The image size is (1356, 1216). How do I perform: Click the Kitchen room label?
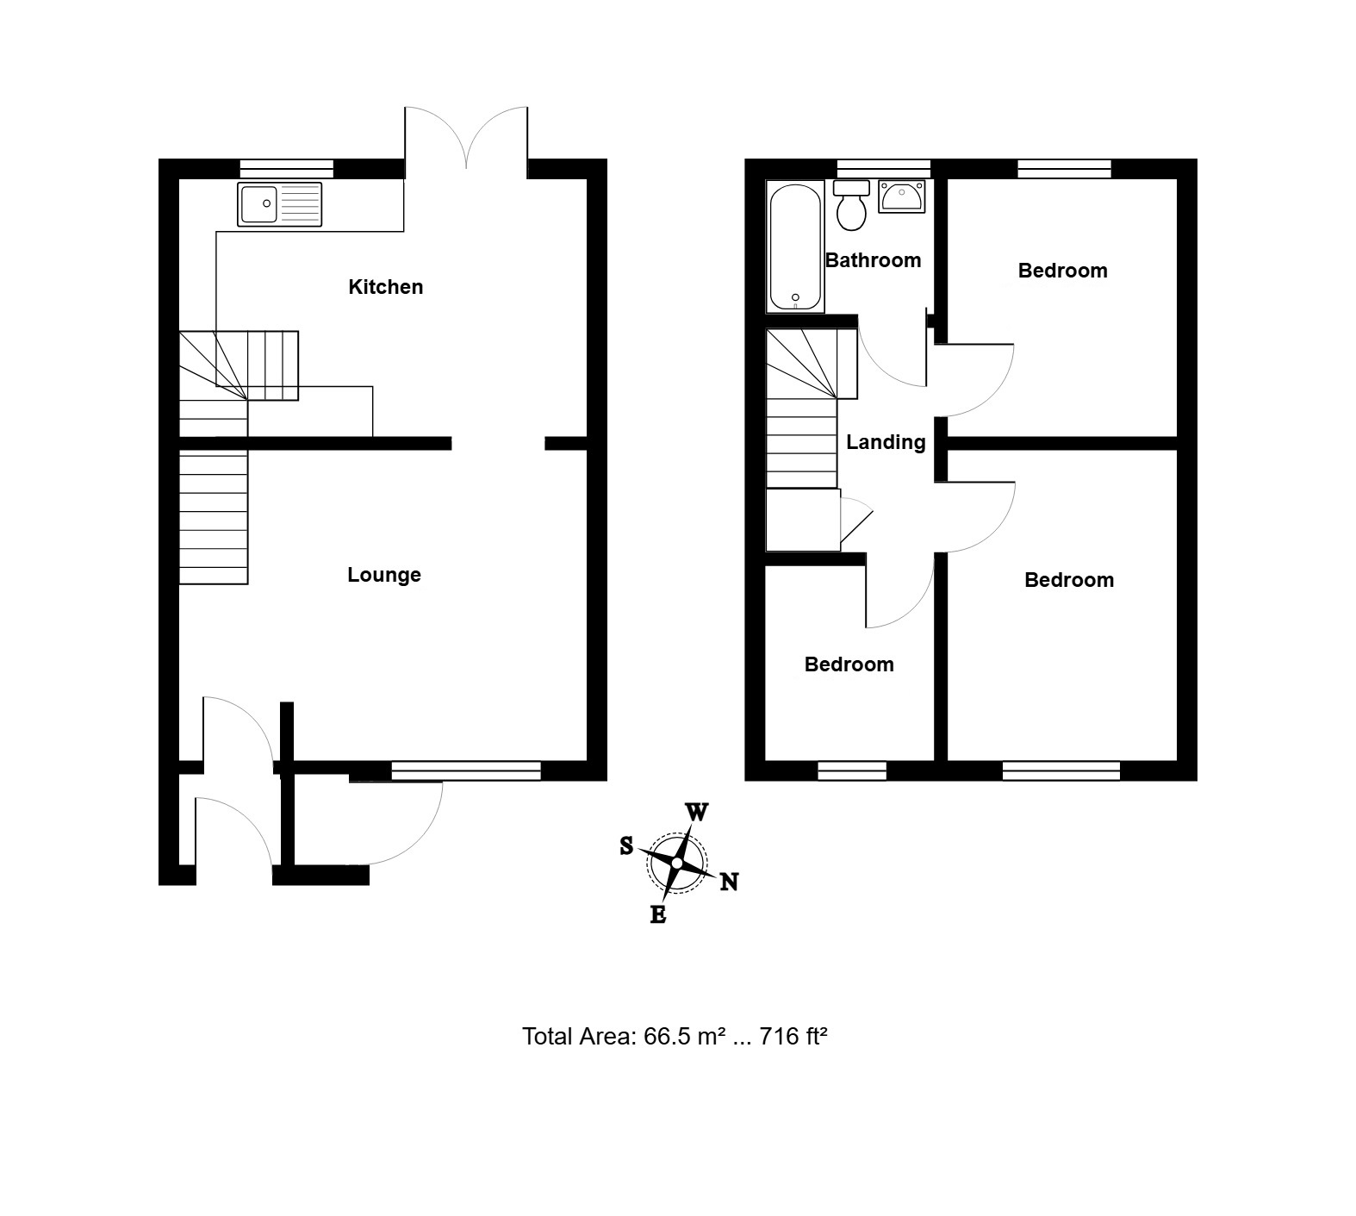coord(385,287)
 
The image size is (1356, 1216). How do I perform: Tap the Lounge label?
coord(384,575)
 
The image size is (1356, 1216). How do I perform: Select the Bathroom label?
coord(873,260)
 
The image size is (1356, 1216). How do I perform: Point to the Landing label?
coord(886,442)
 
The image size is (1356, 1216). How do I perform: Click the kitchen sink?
coord(280,204)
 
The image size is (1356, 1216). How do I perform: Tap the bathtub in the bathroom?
coord(795,247)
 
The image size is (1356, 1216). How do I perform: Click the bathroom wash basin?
coord(901,196)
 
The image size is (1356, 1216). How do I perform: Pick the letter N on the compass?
coord(729,882)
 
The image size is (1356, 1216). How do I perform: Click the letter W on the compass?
coord(697,812)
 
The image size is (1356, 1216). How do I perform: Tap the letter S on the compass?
coord(626,846)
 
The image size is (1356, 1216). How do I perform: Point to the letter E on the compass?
coord(657,915)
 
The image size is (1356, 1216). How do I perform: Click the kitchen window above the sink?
coord(286,169)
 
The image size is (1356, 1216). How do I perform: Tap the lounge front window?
coord(466,771)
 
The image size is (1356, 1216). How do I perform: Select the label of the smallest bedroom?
coord(849,664)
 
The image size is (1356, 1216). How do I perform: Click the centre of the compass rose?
coord(678,864)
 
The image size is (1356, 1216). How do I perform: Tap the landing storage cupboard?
coord(803,520)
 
